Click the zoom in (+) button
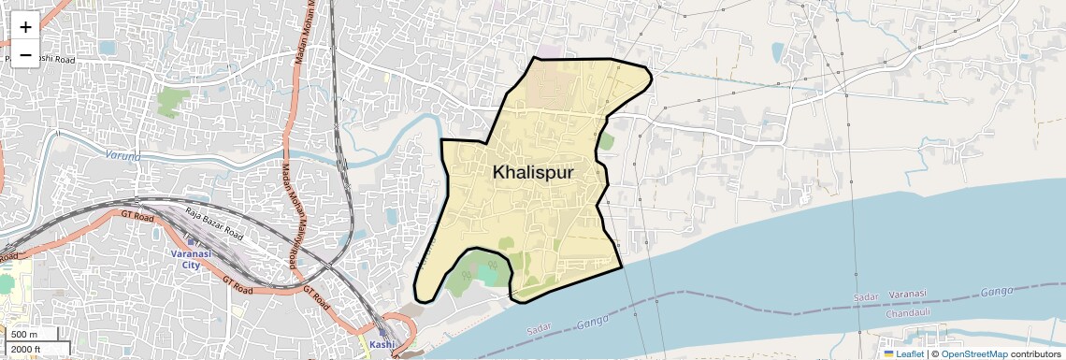(x=25, y=27)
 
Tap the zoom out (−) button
(x=25, y=55)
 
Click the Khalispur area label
(x=532, y=173)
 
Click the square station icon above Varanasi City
(x=191, y=243)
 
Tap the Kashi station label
(x=382, y=344)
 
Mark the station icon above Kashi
(x=382, y=330)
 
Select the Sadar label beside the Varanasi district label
(x=866, y=297)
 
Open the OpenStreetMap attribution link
(x=973, y=353)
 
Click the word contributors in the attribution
(x=1036, y=353)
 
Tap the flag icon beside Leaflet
(x=889, y=353)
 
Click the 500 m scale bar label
(x=25, y=335)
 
